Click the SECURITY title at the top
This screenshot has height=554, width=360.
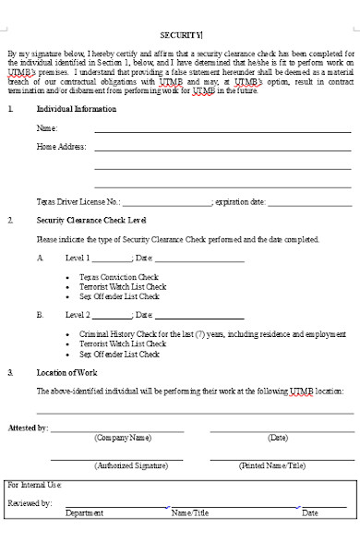pyautogui.click(x=180, y=34)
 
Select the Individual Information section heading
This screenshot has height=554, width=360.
pyautogui.click(x=76, y=109)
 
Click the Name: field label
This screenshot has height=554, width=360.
pyautogui.click(x=45, y=128)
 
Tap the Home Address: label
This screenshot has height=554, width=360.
pyautogui.click(x=61, y=147)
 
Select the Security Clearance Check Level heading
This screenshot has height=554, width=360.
pyautogui.click(x=90, y=221)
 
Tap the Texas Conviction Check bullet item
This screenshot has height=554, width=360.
pyautogui.click(x=118, y=277)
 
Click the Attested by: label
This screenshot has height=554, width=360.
pyautogui.click(x=29, y=428)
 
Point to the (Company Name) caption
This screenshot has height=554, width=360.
pyautogui.click(x=122, y=438)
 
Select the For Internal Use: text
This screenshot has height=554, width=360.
pyautogui.click(x=34, y=484)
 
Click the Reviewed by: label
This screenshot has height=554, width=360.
pyautogui.click(x=30, y=503)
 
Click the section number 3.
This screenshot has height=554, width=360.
pyautogui.click(x=10, y=372)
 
